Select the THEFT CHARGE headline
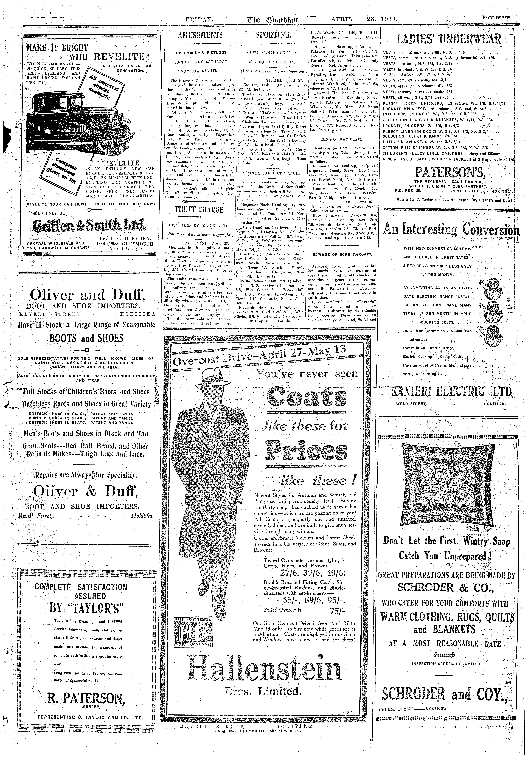(199, 210)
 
